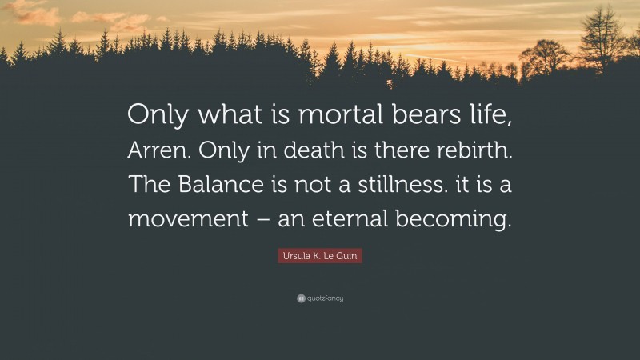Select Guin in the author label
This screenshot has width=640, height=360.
pos(347,256)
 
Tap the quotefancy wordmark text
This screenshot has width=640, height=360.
pos(326,298)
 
